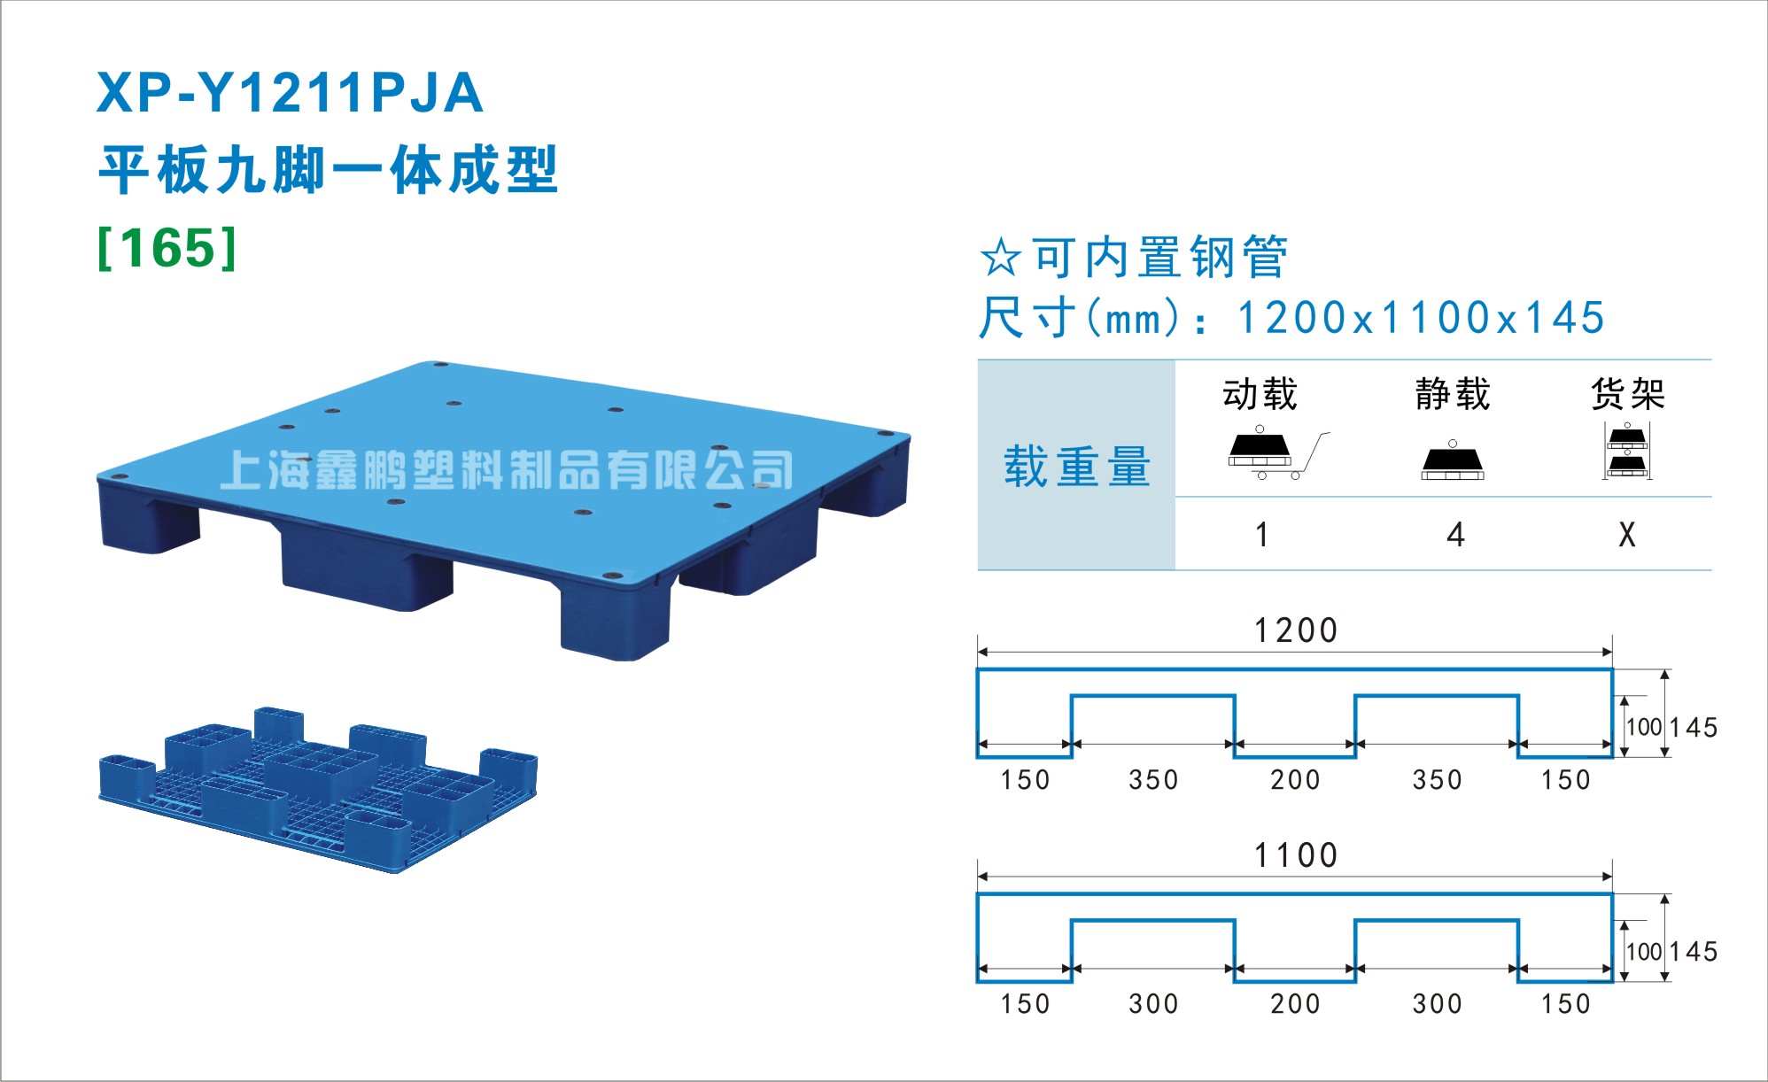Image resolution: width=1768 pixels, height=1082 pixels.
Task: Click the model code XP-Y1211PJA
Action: click(x=290, y=93)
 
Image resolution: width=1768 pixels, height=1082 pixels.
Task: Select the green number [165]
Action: click(x=167, y=248)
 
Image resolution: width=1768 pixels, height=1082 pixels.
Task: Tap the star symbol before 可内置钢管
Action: click(x=1001, y=258)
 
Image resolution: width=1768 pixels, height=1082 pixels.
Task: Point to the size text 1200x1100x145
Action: click(x=1421, y=318)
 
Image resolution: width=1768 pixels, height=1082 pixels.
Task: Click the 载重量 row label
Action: click(x=1077, y=467)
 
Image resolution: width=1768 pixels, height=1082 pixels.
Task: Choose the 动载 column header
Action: click(x=1260, y=394)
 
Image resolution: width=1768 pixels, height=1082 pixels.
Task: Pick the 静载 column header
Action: click(x=1453, y=394)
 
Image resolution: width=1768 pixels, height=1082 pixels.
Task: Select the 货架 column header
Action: click(x=1628, y=394)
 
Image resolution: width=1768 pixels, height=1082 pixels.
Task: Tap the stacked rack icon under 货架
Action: click(x=1627, y=451)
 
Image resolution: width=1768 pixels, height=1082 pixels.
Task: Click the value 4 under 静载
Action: click(x=1455, y=535)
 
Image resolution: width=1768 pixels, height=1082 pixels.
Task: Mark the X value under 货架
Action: click(x=1627, y=535)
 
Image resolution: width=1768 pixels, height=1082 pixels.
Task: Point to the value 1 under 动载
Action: click(x=1262, y=535)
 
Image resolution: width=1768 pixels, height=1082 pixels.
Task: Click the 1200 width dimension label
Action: click(x=1296, y=630)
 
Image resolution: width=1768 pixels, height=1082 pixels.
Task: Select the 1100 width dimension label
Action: click(x=1296, y=855)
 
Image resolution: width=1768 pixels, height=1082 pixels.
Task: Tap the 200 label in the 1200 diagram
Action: click(x=1295, y=780)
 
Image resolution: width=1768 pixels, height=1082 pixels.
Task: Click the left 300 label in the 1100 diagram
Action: click(x=1153, y=1004)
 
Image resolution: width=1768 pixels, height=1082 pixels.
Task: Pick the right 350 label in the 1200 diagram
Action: click(x=1437, y=780)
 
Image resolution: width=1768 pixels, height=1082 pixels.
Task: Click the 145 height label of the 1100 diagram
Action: click(x=1694, y=952)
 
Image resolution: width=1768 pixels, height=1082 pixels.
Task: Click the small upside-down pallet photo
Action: click(x=319, y=790)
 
